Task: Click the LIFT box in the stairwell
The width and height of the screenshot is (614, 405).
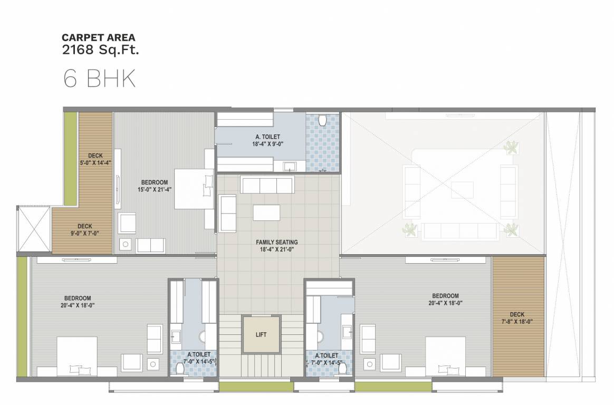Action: point(260,334)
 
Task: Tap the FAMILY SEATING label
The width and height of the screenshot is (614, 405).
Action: point(277,246)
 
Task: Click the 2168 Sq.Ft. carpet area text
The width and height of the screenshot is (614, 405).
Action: point(101,51)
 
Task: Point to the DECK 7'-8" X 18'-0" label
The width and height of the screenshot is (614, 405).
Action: point(517,318)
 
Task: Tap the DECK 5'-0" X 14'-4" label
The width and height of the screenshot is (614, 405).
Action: point(95,159)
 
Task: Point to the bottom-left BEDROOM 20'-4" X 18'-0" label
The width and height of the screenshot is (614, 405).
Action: point(77,301)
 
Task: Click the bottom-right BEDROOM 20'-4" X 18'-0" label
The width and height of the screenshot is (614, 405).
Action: point(445,300)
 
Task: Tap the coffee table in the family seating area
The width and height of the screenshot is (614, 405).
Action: point(267,213)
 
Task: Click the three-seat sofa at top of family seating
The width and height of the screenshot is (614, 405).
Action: point(266,185)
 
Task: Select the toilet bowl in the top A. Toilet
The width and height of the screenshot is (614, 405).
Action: point(324,121)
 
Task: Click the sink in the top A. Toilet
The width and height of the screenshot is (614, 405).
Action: point(290,167)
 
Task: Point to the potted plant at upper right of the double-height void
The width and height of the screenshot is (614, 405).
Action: point(510,148)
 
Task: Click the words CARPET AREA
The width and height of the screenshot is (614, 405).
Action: point(99,37)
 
